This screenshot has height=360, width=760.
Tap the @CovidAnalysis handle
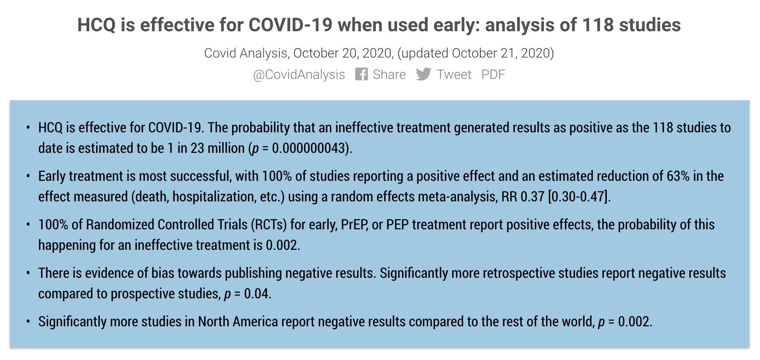point(299,75)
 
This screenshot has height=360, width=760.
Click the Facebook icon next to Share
point(362,74)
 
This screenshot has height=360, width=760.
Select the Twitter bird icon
point(424,74)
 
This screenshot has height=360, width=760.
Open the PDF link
point(493,74)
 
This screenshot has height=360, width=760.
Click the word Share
point(389,74)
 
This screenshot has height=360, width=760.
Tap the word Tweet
point(454,74)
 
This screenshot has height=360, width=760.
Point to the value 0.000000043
point(308,148)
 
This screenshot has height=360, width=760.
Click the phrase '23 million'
point(217,148)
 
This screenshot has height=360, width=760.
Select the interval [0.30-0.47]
point(578,196)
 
